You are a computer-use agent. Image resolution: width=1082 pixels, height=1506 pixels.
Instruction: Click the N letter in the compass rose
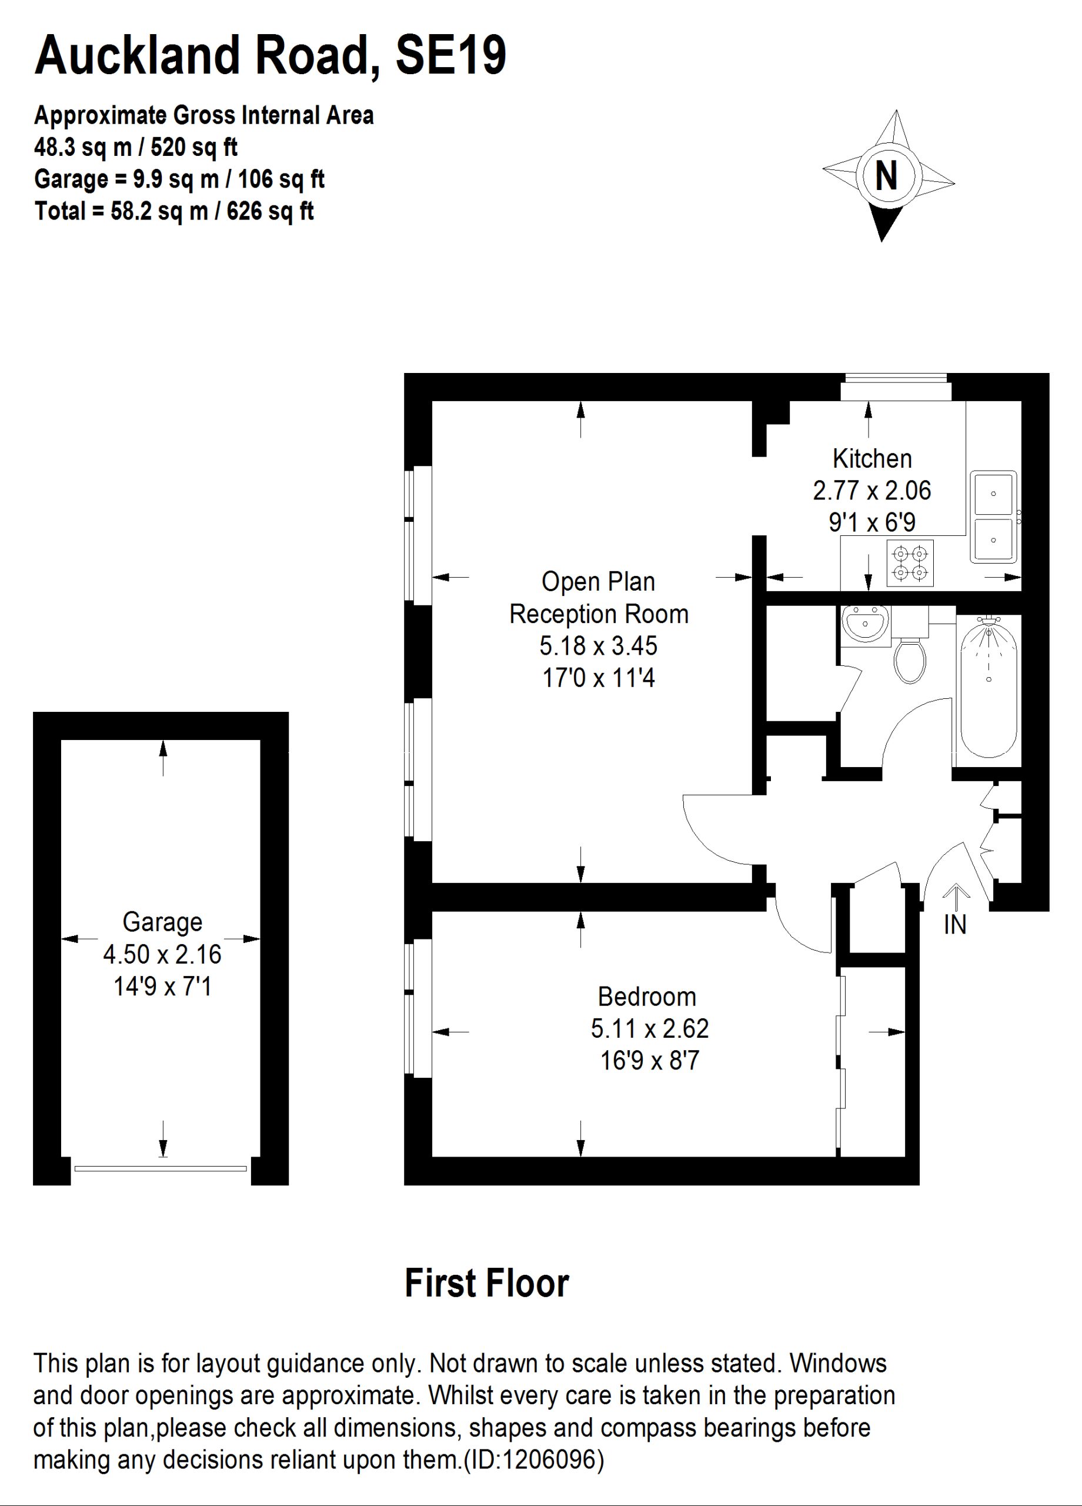point(886,176)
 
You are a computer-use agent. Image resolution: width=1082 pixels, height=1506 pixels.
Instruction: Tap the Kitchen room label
point(871,458)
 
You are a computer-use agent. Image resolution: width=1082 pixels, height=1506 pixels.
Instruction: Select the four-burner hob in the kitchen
point(910,562)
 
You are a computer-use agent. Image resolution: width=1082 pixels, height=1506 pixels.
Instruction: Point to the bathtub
point(989,687)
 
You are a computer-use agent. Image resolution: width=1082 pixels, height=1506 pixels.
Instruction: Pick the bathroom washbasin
point(866,624)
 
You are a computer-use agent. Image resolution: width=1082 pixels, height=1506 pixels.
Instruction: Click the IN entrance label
point(954,924)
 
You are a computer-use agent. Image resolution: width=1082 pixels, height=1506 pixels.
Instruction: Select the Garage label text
point(163,922)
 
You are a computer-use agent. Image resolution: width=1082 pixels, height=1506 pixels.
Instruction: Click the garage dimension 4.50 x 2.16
point(163,954)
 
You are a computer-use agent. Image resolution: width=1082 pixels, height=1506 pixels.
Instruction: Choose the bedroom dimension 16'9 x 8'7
point(649,1061)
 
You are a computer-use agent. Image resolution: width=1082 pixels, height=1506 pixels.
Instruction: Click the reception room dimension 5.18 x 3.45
point(598,645)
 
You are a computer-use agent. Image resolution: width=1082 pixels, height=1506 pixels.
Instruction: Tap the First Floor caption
point(486,1283)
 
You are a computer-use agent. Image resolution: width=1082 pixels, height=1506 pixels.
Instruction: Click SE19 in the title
point(450,55)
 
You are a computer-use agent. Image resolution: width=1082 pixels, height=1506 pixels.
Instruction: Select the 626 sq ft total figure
point(270,211)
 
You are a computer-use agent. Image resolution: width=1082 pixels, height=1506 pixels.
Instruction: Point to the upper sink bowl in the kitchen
point(994,494)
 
